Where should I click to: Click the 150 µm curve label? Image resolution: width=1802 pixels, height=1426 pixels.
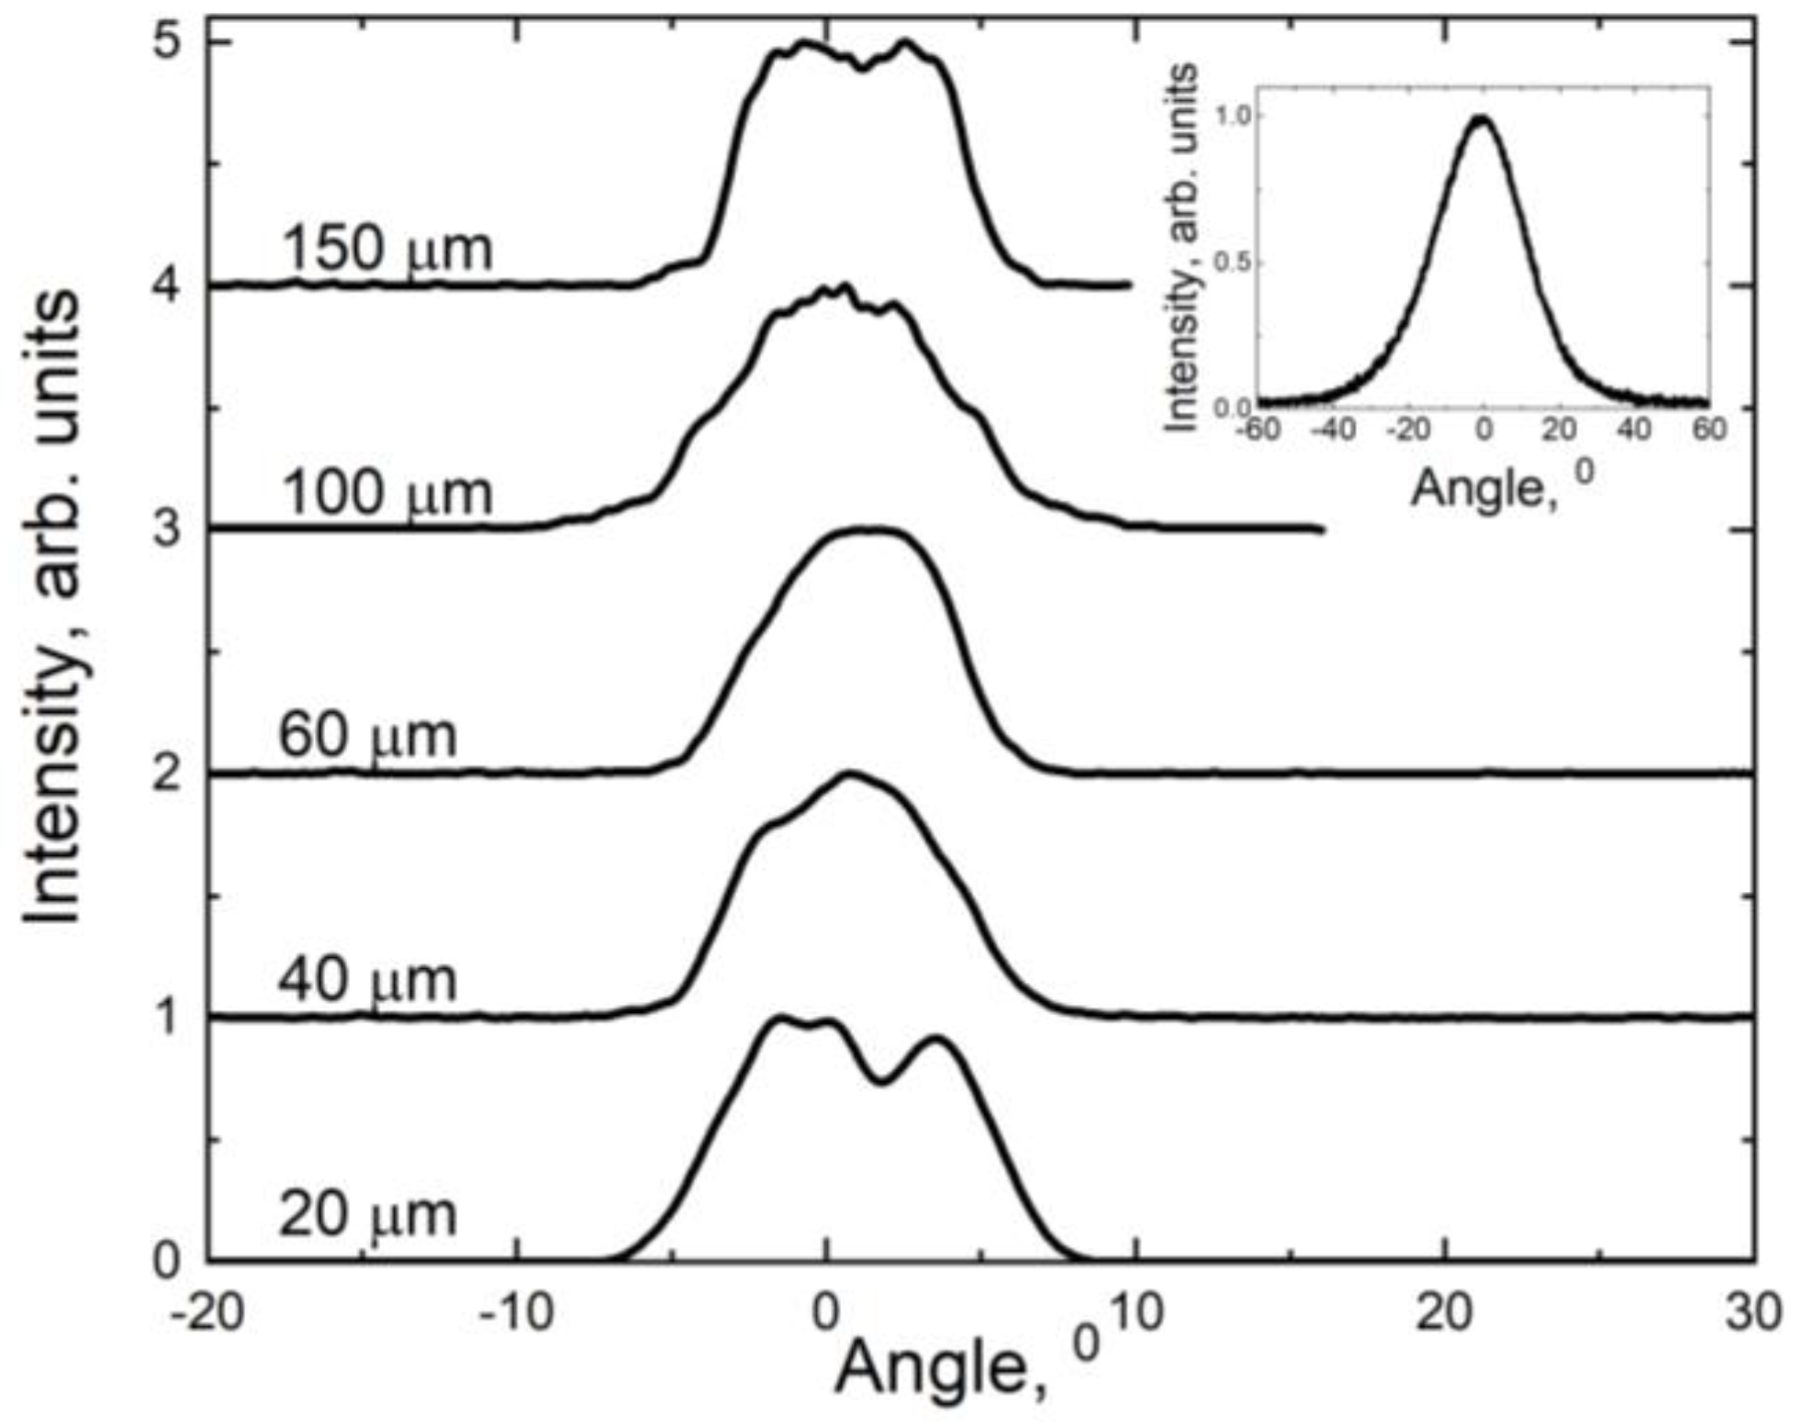point(386,249)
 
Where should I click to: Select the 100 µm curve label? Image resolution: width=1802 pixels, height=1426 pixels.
point(386,493)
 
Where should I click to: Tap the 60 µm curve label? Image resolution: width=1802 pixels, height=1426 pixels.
point(367,736)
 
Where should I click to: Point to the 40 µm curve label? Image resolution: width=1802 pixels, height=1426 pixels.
point(367,980)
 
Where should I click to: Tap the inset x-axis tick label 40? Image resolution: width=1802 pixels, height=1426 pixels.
point(1634,429)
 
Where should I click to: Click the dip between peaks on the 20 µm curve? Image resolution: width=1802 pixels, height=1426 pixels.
point(881,1081)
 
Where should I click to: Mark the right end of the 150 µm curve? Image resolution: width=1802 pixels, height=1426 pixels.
point(1127,285)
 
